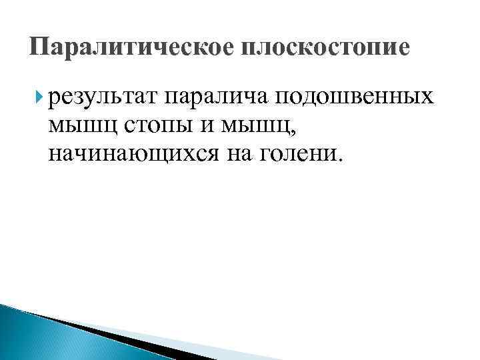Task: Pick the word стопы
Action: point(151,126)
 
